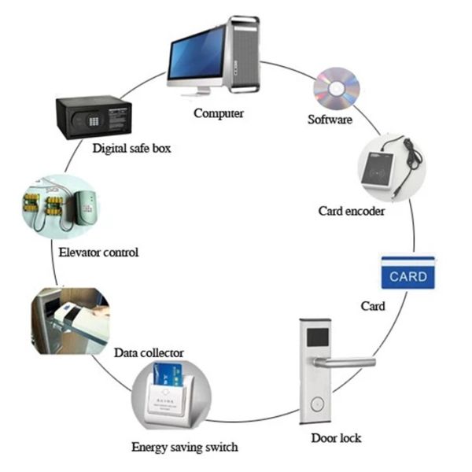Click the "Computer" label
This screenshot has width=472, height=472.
tap(219, 113)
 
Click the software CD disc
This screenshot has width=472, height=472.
tap(336, 89)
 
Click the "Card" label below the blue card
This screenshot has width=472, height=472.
tap(372, 305)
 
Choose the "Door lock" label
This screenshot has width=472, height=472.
tap(336, 437)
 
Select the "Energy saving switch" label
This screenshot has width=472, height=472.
tap(184, 448)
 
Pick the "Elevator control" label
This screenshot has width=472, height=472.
tap(98, 253)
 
